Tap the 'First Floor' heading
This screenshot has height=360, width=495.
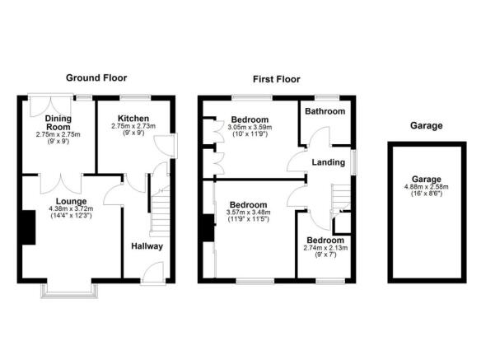tap(277, 79)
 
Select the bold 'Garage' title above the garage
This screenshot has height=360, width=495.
tap(426, 125)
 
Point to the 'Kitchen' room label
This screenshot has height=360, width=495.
tap(132, 117)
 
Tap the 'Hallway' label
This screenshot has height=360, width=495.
tap(147, 245)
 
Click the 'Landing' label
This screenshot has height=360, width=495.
tap(328, 162)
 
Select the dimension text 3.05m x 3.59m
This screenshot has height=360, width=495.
tap(250, 129)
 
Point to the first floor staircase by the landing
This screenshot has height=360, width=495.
tap(341, 198)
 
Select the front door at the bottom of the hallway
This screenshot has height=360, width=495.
tap(152, 274)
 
